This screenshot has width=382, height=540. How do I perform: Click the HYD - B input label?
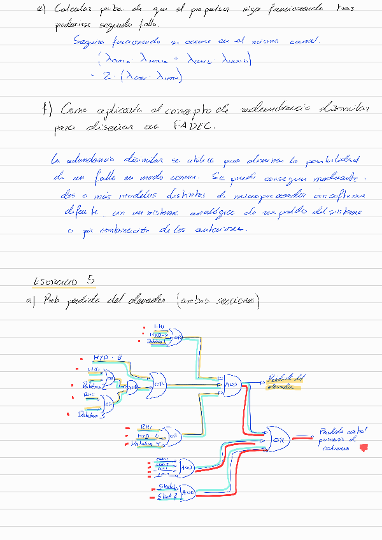coord(107,358)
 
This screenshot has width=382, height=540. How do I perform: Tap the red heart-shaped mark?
coord(364,448)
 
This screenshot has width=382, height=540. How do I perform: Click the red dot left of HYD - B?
coord(80,359)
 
